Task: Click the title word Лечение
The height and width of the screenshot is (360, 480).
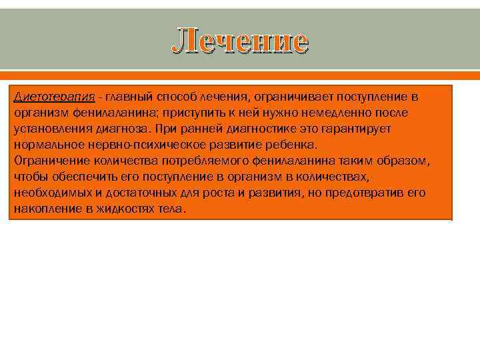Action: pyautogui.click(x=240, y=41)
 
